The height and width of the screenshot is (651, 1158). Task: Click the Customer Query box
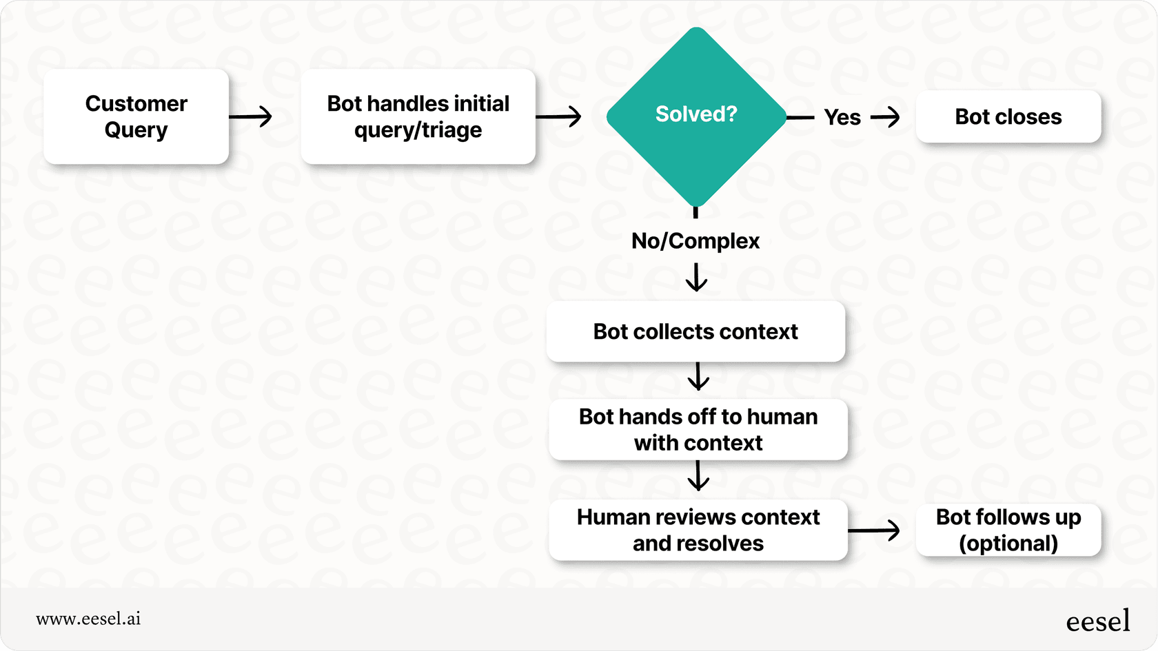point(136,116)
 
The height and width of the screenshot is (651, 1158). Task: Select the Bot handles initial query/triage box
point(418,116)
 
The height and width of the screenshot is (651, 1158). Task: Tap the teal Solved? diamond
point(696,116)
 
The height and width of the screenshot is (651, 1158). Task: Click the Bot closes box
point(1008,116)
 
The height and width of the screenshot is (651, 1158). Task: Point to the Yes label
point(842,117)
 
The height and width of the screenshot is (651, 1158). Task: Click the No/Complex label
point(695,241)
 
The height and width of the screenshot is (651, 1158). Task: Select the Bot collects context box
point(695,331)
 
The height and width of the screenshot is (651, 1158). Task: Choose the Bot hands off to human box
point(698,429)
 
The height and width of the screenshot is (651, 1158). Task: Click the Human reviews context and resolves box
point(698,530)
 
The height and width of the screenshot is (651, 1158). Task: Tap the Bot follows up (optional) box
point(1008,530)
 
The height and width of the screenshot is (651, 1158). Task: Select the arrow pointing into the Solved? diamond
point(559,116)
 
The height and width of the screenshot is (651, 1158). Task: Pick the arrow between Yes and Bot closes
point(886,117)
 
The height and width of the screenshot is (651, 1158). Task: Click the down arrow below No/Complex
point(696,278)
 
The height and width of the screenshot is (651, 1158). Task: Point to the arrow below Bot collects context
point(698,376)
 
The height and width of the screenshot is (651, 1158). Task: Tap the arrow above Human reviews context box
point(698,475)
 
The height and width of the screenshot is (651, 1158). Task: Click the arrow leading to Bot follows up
point(874,530)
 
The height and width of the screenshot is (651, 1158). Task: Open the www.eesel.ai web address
point(88,619)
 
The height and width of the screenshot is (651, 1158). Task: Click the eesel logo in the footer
point(1097,621)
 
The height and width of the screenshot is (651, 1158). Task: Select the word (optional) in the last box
point(1008,544)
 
